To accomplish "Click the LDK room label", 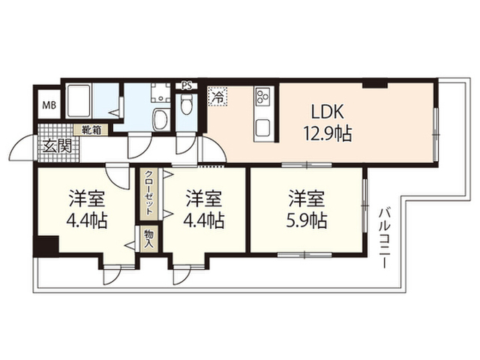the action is [327, 112].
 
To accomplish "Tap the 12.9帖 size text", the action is [327, 133].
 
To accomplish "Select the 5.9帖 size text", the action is [307, 220].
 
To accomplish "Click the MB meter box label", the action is [49, 106].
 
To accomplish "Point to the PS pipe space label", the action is [187, 85].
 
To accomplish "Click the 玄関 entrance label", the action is [57, 146].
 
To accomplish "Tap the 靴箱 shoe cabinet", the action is [91, 130].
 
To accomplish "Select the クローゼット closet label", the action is [148, 193].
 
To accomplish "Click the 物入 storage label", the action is [150, 238].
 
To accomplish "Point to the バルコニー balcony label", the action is [384, 238].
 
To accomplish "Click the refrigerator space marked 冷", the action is [217, 97].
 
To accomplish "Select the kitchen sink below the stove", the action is [262, 128].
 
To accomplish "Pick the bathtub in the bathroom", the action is [79, 100].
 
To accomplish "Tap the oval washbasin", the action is [160, 119].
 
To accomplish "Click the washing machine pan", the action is [160, 92].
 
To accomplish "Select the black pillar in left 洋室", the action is [46, 246].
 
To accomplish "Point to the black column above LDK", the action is [375, 84].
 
